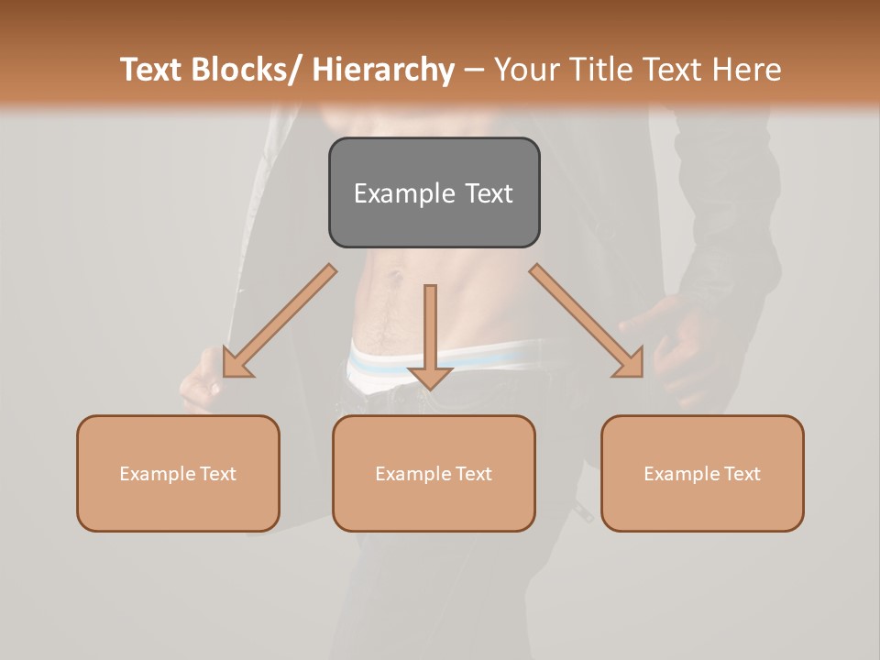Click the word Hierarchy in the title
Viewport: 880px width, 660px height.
coord(383,71)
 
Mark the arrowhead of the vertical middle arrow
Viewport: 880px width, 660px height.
coord(430,377)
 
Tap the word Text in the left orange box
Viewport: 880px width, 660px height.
coord(218,474)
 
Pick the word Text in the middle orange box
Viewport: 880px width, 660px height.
coord(474,474)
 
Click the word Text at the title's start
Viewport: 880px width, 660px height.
coord(151,71)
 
